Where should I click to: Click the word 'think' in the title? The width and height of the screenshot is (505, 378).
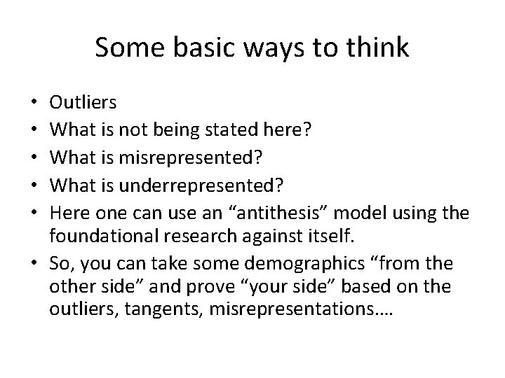[x=379, y=48]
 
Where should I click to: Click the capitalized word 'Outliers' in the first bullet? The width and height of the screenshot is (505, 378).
[x=83, y=103]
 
